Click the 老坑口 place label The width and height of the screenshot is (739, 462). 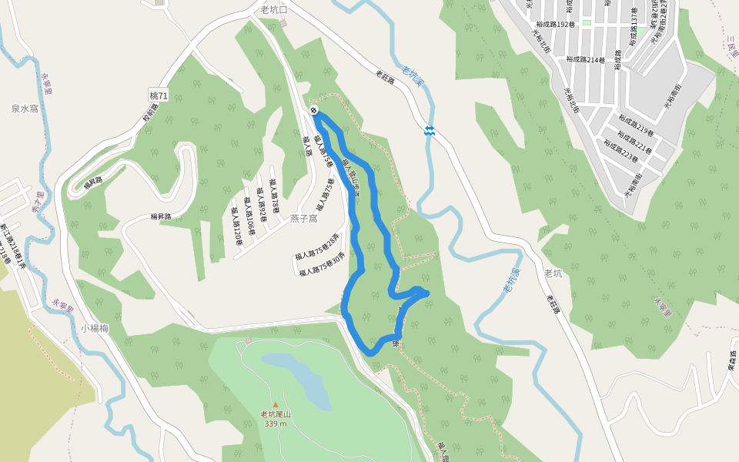pyautogui.click(x=274, y=10)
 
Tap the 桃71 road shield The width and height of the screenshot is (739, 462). pyautogui.click(x=159, y=95)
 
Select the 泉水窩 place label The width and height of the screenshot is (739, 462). pyautogui.click(x=25, y=109)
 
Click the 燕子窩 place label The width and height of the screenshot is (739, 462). pyautogui.click(x=303, y=219)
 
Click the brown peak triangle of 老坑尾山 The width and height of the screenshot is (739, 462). pyautogui.click(x=275, y=404)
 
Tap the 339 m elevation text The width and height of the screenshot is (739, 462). pyautogui.click(x=276, y=423)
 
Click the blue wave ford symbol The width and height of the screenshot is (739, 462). pyautogui.click(x=429, y=131)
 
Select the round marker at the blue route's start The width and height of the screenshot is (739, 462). pyautogui.click(x=314, y=111)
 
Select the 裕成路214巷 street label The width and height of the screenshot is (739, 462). pyautogui.click(x=586, y=59)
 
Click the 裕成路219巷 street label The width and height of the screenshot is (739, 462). pyautogui.click(x=635, y=125)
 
